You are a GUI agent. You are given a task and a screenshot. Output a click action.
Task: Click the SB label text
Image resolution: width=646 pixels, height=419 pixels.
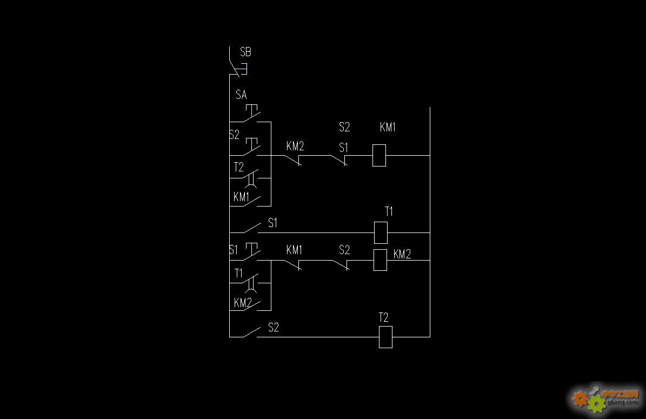point(245,52)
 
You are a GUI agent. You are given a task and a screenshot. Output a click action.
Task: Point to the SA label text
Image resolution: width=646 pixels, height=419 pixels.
point(241,95)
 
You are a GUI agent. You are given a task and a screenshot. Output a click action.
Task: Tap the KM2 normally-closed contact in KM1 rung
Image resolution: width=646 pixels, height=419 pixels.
point(293,160)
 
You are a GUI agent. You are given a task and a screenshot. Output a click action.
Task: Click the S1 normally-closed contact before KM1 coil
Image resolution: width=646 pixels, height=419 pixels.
point(339,160)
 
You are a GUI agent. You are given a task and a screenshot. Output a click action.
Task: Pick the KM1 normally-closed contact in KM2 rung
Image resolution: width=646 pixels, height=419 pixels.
point(293,265)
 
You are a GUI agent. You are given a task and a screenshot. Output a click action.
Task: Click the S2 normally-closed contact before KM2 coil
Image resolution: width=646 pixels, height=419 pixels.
point(341,265)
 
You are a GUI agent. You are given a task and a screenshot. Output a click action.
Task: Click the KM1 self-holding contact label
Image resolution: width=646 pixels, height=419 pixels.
point(242,197)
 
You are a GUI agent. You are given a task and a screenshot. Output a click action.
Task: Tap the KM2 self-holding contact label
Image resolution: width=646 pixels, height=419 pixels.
point(243,303)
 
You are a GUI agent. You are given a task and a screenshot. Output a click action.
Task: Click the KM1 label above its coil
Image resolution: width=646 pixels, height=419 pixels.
point(388,127)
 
